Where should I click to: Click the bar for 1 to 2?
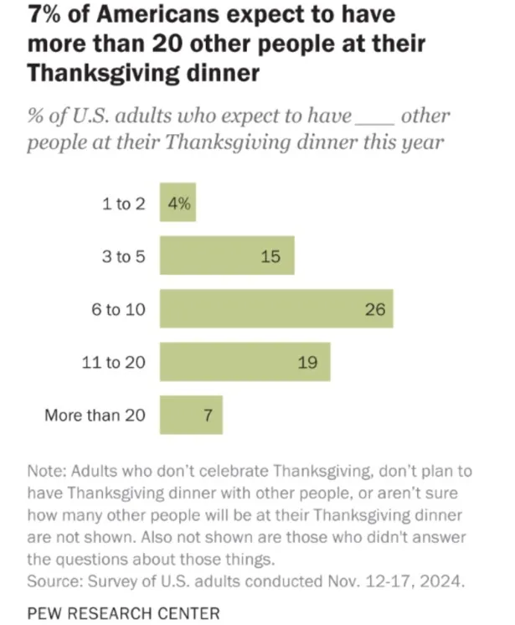click(178, 204)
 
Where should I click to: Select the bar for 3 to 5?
click(227, 256)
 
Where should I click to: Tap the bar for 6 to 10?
click(276, 309)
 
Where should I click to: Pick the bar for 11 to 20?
click(245, 362)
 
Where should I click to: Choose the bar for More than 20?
click(191, 415)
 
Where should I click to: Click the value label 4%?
click(178, 204)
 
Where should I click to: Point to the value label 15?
click(270, 256)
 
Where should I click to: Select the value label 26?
click(374, 309)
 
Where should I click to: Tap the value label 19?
click(307, 362)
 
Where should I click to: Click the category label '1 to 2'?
click(124, 204)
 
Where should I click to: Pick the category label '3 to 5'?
click(124, 256)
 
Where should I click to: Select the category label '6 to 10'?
click(119, 309)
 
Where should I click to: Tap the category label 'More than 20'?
click(95, 415)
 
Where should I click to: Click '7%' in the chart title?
click(47, 16)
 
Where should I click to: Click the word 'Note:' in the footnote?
click(47, 472)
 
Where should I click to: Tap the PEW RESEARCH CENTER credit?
click(123, 612)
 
